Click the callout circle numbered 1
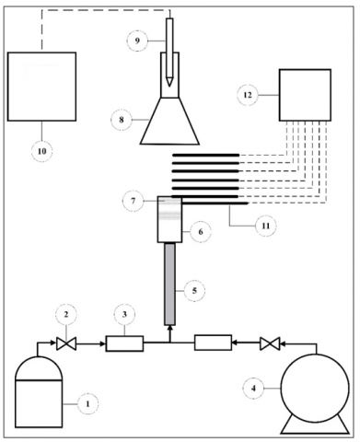[x=87, y=404]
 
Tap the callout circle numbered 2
[x=66, y=314]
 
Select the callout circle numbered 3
[x=124, y=315]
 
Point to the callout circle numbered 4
[x=253, y=389]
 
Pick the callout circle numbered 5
[x=194, y=290]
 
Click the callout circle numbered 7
[x=133, y=201]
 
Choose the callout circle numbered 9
[x=137, y=41]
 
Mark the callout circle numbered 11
[x=266, y=226]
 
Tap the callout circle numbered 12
[x=248, y=95]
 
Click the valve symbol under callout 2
[x=66, y=343]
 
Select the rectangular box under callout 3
[x=124, y=343]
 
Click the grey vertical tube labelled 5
[x=169, y=284]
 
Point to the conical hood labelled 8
[x=169, y=121]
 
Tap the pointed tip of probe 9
[x=169, y=86]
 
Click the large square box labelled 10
[x=41, y=87]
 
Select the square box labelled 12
[x=305, y=95]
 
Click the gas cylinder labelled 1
[x=39, y=392]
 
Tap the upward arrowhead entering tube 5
[x=169, y=329]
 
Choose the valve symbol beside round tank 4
[x=270, y=343]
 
